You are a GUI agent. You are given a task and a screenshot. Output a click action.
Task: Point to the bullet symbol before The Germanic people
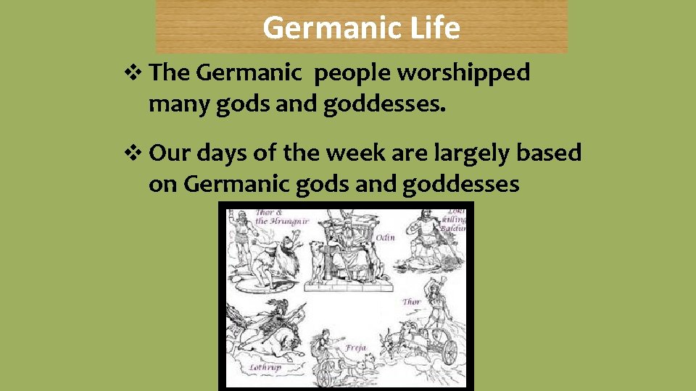[136, 73]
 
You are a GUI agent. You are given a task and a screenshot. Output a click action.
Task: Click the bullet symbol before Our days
[136, 153]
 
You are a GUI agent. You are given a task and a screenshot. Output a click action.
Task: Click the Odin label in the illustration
[385, 237]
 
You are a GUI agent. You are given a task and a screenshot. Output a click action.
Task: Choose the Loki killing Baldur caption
[456, 220]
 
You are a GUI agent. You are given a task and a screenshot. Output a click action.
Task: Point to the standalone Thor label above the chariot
[412, 302]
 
